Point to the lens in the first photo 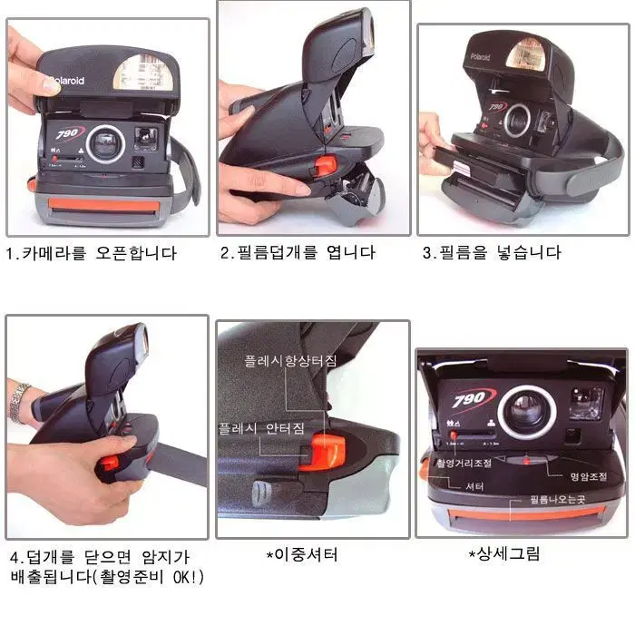pyautogui.click(x=106, y=141)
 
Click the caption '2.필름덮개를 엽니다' pyautogui.click(x=298, y=253)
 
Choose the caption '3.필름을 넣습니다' pyautogui.click(x=492, y=253)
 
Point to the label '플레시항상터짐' pyautogui.click(x=289, y=361)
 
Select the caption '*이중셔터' pyautogui.click(x=302, y=554)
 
